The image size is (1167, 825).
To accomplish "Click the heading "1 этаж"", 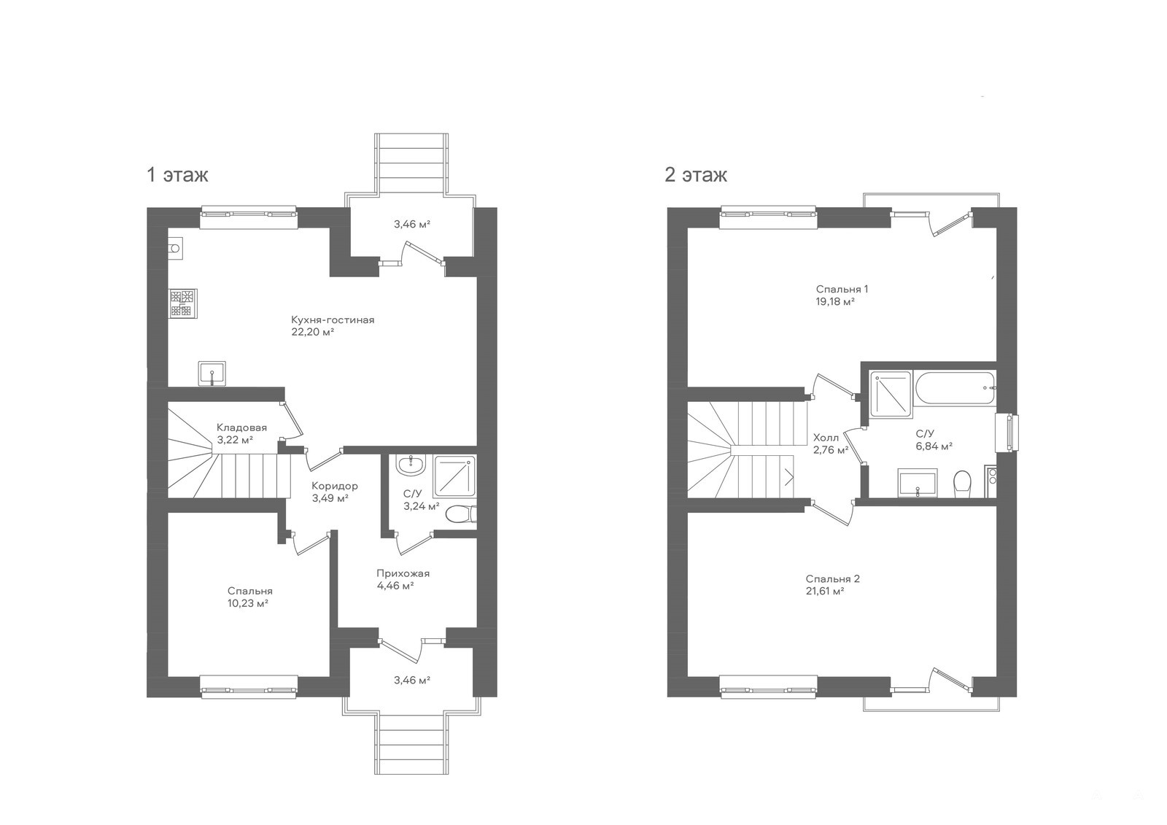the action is point(177,174).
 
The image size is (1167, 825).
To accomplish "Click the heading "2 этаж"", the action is point(696,174).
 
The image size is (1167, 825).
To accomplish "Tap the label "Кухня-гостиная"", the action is point(333,319).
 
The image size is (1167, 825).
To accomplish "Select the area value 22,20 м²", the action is point(312,332).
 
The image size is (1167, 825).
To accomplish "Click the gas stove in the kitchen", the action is point(182,303).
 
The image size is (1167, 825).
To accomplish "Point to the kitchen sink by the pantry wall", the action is point(212,373).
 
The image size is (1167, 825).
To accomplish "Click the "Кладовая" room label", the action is point(241,427).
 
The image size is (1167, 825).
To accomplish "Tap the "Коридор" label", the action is point(335,486).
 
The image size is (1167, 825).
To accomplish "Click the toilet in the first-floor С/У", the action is point(461,514).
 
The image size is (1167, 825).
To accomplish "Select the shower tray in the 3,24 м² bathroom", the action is point(455,476).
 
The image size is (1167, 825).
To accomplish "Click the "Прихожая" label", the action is point(403,573).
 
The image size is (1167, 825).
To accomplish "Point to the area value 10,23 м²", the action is point(247,603).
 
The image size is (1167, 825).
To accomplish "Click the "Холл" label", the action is point(826,438).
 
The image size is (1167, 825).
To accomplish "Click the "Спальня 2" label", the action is point(832,578).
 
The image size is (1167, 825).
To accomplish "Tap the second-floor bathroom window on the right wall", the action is point(1007,433).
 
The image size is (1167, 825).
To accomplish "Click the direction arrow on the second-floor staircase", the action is point(789,477).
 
